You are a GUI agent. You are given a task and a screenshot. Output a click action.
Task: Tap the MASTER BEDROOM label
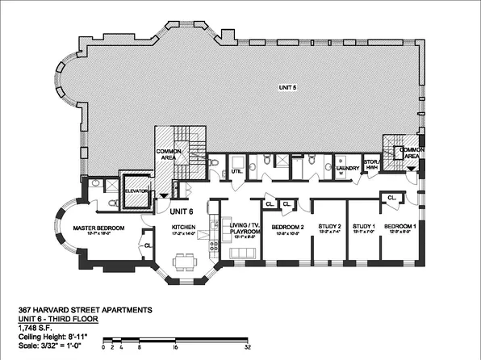100,228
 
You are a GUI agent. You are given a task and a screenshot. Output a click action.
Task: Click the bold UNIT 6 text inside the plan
182,210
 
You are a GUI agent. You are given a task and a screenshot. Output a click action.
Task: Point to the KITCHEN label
184,228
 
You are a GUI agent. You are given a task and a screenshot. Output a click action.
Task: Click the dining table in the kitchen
186,259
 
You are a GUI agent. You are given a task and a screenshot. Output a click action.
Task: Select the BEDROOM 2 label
287,227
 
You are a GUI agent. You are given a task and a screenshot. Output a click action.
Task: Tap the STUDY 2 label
329,227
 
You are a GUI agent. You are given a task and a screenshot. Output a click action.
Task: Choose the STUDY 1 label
364,227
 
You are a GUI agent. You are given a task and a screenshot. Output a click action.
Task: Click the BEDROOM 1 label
399,227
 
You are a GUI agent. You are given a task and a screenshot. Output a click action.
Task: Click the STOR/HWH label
372,166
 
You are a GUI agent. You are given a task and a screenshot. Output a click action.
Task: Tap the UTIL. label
237,171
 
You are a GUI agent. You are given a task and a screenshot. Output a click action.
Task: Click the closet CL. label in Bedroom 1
391,198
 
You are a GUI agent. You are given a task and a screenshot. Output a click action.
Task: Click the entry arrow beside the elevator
165,195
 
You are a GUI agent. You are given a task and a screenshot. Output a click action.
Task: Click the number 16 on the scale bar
175,346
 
